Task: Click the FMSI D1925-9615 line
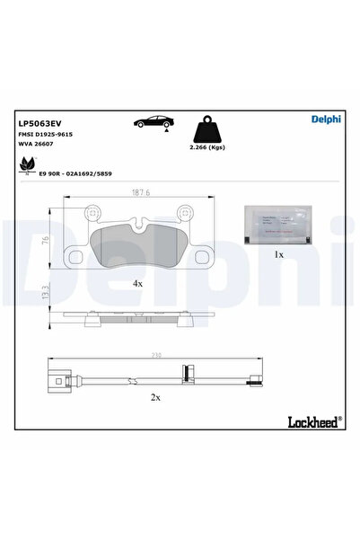coord(47,132)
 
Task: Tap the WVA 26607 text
coord(36,143)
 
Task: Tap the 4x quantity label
coord(137,283)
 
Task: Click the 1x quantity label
coord(277,255)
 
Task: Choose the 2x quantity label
coord(155,396)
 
